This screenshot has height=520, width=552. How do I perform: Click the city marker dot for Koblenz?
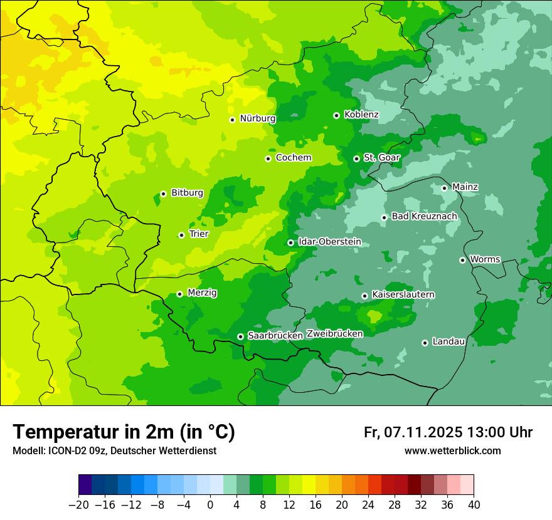point(336,115)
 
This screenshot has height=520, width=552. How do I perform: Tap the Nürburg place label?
point(257,118)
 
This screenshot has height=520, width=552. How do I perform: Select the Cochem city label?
point(293,158)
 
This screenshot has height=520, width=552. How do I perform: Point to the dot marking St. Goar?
point(356,159)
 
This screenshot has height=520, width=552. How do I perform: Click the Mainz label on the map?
point(465,187)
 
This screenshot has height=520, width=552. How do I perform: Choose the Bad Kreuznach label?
point(424,217)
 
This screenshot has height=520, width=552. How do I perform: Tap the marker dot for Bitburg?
point(163,194)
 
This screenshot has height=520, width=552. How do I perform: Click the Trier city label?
point(198,234)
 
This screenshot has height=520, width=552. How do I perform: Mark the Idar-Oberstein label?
point(329,242)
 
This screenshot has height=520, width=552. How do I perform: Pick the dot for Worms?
point(462,260)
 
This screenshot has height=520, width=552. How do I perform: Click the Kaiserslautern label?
point(403,294)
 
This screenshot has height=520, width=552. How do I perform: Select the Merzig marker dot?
point(179,294)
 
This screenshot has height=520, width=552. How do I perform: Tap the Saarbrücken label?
point(275,336)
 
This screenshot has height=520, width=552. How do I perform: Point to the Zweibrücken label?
point(334,334)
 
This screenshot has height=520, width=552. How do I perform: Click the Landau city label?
point(449,342)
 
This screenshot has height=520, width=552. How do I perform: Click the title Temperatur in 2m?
point(124,432)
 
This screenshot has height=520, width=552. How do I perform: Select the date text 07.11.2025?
point(423,432)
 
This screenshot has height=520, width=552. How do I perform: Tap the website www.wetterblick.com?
point(452,451)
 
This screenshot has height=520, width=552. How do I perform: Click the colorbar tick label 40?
point(474,505)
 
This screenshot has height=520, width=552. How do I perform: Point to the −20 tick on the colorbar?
point(78,505)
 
